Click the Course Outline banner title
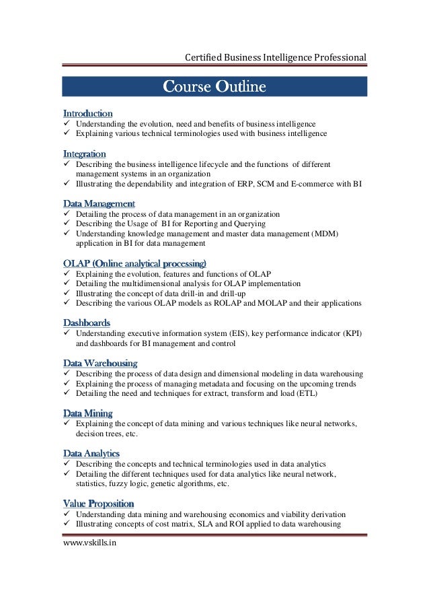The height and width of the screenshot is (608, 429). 214,87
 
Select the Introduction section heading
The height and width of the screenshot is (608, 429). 87,113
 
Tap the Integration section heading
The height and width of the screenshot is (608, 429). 84,154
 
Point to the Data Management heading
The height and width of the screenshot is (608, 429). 99,203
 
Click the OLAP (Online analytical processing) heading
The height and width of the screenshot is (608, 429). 134,263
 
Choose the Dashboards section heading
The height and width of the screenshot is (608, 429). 87,323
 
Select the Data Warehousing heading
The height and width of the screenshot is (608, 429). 100,363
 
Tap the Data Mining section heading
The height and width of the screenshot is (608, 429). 87,413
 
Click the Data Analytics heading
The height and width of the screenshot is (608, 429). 91,453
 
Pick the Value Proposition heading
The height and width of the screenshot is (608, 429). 98,503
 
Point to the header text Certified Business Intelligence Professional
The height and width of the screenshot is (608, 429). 276,57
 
